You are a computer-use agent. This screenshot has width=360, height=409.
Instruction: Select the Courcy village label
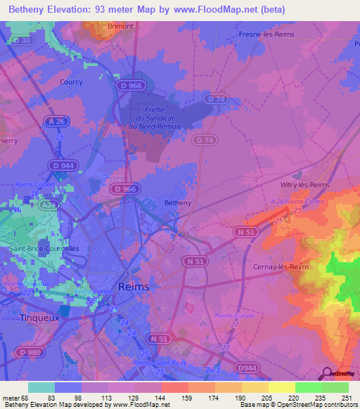71,82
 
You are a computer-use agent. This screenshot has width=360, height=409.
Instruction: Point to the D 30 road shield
21,41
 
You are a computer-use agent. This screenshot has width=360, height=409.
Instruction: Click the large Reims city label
134,287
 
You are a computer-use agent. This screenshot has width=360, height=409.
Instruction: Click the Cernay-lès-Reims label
281,267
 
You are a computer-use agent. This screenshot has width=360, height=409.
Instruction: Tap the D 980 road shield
30,351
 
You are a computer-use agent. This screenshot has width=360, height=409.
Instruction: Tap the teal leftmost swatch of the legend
41,387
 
